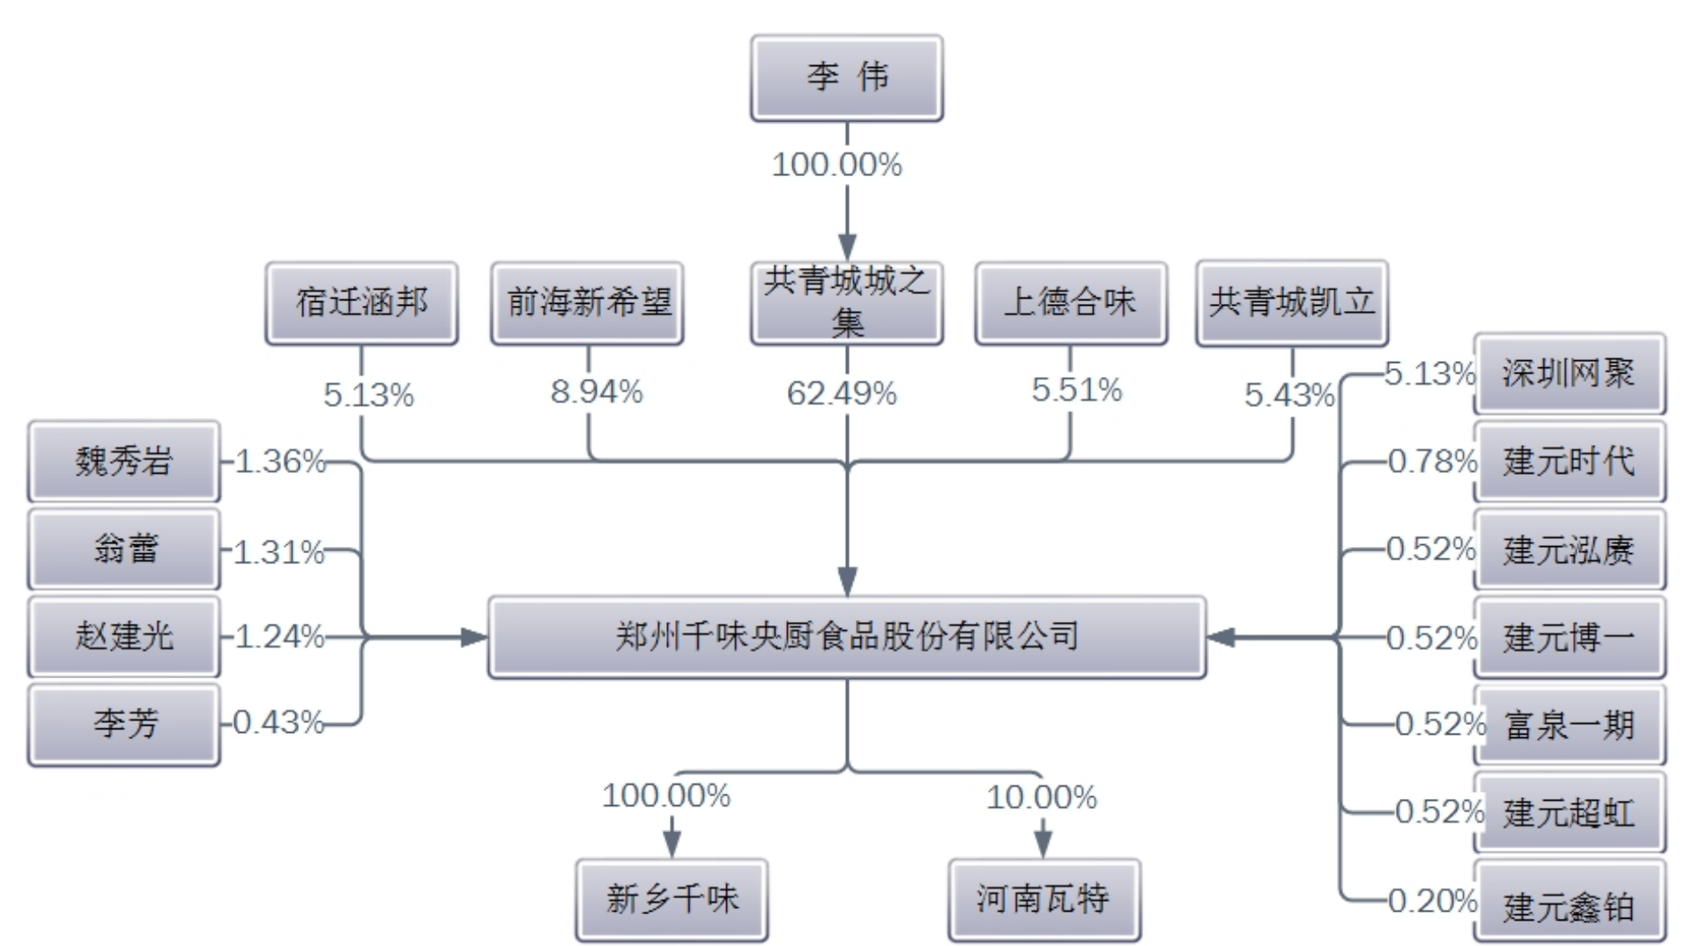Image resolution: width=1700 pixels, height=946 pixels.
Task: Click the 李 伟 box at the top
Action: tap(846, 78)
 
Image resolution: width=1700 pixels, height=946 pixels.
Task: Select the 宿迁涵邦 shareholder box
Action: tap(361, 303)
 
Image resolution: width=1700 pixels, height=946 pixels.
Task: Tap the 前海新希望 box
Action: tap(587, 303)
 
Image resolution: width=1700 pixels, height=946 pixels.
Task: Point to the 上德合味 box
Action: tap(1071, 303)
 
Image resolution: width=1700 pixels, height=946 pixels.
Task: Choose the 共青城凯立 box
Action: tap(1292, 303)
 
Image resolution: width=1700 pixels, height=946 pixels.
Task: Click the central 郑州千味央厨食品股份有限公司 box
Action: tap(846, 636)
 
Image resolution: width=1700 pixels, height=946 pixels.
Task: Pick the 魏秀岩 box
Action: tap(123, 461)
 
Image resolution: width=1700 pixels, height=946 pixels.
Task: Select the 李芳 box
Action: tap(123, 724)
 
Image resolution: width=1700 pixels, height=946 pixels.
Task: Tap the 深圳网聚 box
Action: tap(1569, 373)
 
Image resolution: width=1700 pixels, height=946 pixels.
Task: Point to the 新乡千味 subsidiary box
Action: tap(672, 899)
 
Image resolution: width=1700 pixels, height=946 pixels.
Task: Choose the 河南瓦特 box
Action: tap(1043, 899)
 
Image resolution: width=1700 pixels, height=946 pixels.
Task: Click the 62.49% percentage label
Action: tap(842, 393)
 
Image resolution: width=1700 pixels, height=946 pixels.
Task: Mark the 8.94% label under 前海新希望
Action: tap(597, 392)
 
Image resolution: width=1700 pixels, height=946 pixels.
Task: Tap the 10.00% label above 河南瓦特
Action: tap(1042, 797)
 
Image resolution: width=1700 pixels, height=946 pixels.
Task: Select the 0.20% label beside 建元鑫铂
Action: tap(1432, 900)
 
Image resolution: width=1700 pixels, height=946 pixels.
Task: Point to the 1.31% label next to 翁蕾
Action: tap(278, 552)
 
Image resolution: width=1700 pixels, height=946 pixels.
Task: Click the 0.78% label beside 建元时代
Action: tap(1432, 461)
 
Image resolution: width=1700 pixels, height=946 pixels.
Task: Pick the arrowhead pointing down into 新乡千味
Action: tap(672, 845)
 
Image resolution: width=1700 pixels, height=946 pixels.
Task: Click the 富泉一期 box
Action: tap(1569, 725)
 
